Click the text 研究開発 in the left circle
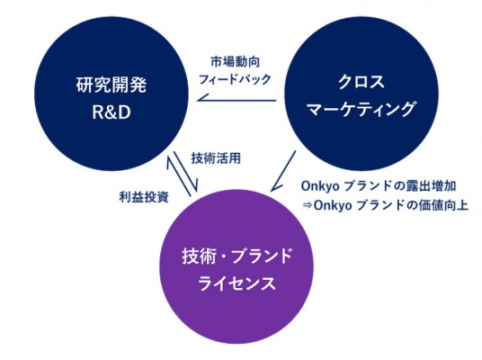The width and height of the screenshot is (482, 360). click(x=112, y=85)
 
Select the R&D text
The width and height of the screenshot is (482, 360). click(x=112, y=112)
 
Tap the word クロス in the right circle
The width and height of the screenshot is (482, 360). click(x=361, y=82)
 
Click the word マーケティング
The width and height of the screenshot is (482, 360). click(x=361, y=109)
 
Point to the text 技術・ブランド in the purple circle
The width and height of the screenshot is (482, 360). click(x=237, y=256)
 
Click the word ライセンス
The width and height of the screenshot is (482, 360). click(x=237, y=283)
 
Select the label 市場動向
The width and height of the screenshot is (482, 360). click(x=236, y=62)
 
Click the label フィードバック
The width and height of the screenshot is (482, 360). click(x=236, y=79)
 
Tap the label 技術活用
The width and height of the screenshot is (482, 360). click(x=216, y=158)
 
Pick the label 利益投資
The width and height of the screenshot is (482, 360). click(x=144, y=197)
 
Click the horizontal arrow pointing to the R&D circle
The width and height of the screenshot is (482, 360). click(x=237, y=100)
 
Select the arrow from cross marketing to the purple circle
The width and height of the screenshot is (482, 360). click(x=283, y=171)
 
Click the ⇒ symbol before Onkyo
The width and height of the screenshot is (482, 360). click(x=307, y=205)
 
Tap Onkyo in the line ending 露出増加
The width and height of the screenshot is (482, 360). click(x=320, y=186)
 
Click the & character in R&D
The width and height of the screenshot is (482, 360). click(x=112, y=112)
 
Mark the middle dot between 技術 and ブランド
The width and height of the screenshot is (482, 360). click(x=224, y=256)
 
